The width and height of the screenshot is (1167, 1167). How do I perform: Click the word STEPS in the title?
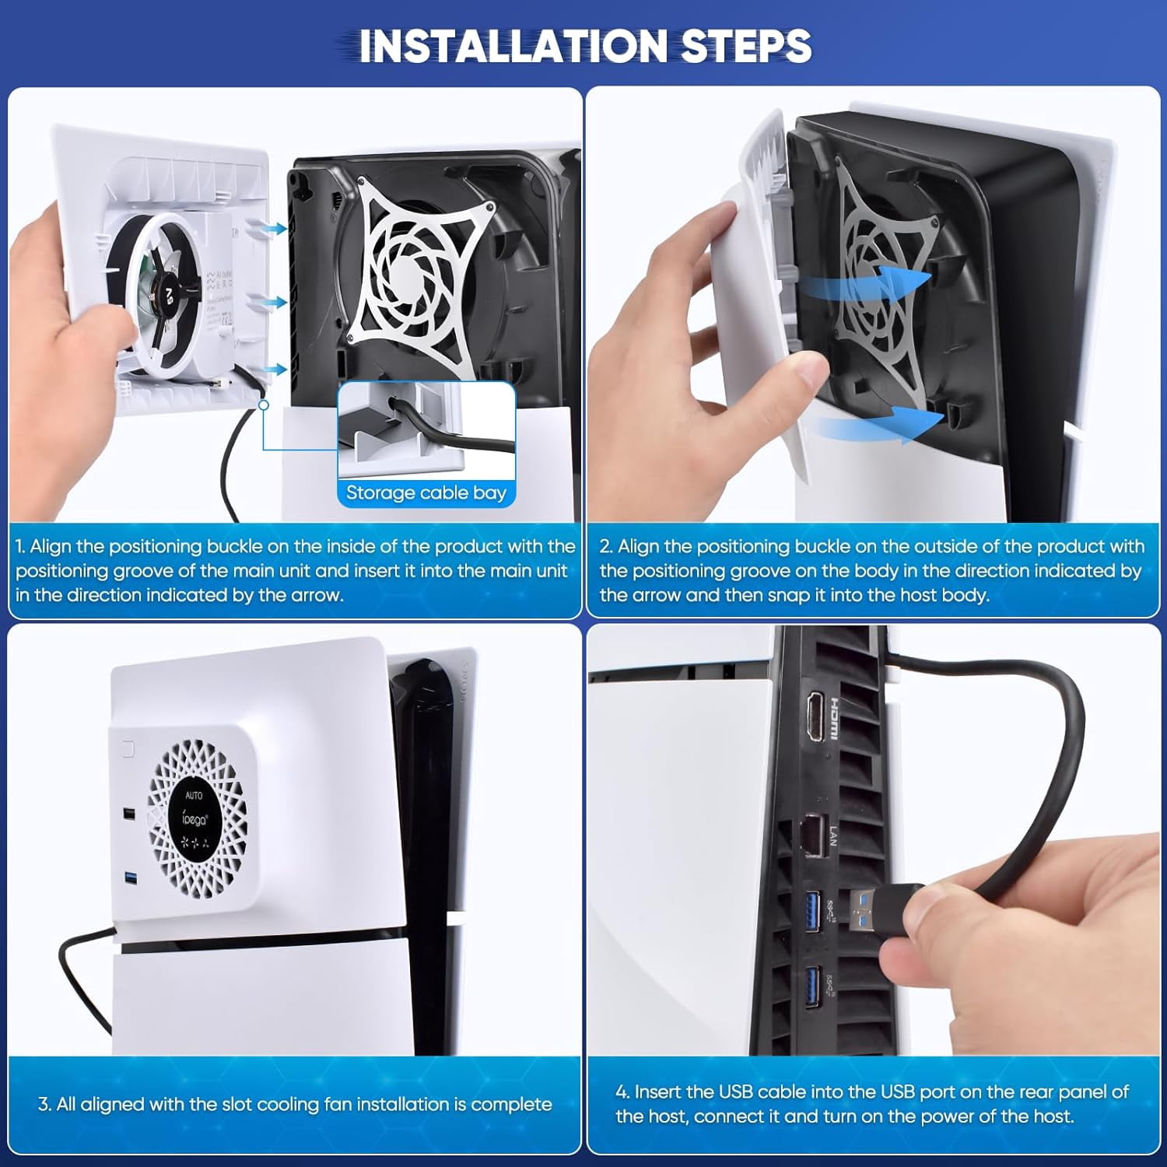click(746, 46)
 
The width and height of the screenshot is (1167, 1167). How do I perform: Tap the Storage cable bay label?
click(426, 492)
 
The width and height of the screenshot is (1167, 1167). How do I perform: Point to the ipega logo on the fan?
click(194, 818)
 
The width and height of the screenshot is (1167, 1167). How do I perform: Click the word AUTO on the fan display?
click(194, 795)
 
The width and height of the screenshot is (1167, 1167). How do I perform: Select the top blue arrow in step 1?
click(273, 228)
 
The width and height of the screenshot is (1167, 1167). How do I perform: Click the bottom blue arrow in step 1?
click(273, 370)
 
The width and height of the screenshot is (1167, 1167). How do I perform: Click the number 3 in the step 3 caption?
click(44, 1104)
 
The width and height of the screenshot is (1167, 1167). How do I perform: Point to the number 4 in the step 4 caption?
click(622, 1092)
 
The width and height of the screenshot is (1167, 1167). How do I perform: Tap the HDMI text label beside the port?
click(834, 717)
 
